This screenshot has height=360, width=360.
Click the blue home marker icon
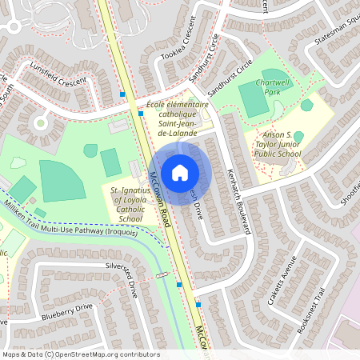point(180,171)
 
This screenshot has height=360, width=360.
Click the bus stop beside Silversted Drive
point(178,284)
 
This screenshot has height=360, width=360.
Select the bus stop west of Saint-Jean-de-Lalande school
point(141,114)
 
